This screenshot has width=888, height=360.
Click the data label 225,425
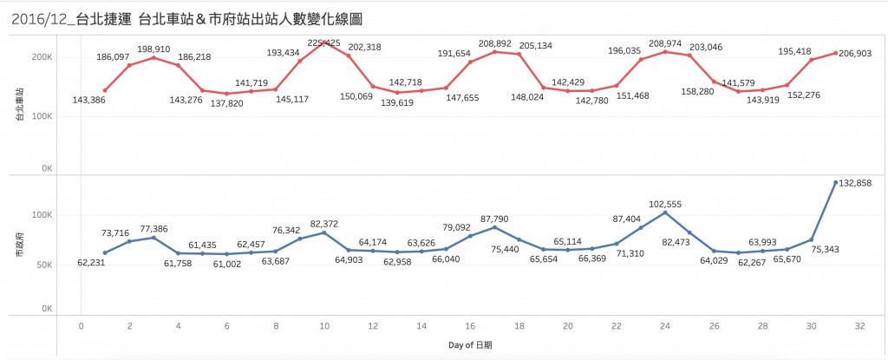(325, 42)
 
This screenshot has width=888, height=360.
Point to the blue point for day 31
(835, 182)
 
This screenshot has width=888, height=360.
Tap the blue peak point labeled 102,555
(665, 213)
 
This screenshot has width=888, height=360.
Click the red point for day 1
(105, 90)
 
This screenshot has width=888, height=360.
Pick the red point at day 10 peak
(324, 42)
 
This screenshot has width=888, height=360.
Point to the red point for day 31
(835, 53)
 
